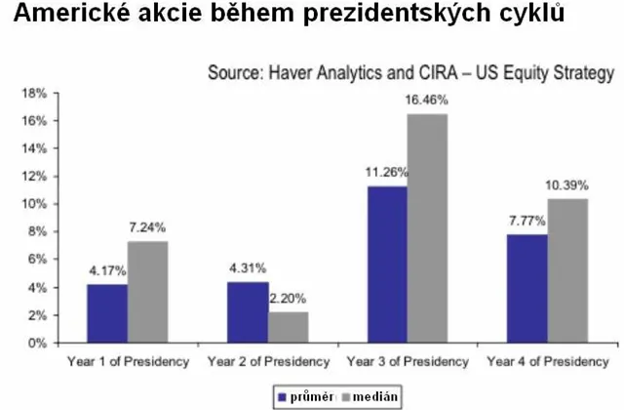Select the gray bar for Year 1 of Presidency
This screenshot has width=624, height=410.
click(x=147, y=292)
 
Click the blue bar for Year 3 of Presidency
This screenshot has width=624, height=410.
click(x=387, y=265)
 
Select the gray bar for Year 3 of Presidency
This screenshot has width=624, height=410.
click(x=428, y=228)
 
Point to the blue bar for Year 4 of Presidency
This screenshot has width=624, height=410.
click(x=526, y=289)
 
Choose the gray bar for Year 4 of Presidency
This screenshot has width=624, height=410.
click(x=567, y=270)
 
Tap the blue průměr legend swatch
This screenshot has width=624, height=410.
click(x=282, y=396)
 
